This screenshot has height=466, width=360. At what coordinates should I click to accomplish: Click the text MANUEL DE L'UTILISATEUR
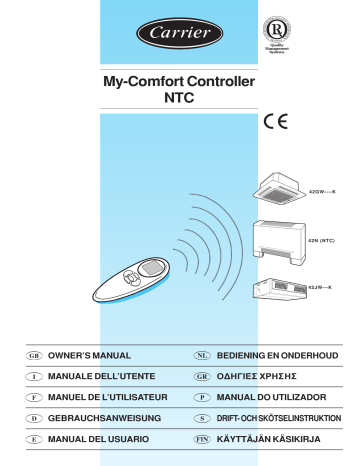(112, 398)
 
